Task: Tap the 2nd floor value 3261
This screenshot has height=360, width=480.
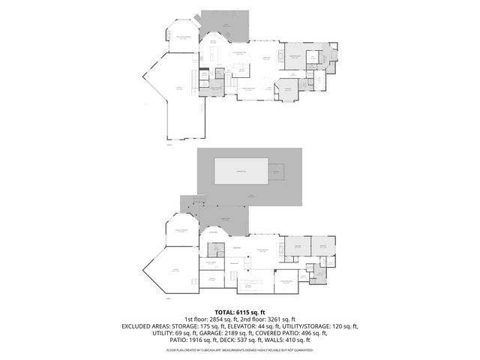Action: [271, 319]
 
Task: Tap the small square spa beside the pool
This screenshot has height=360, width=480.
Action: [277, 173]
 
